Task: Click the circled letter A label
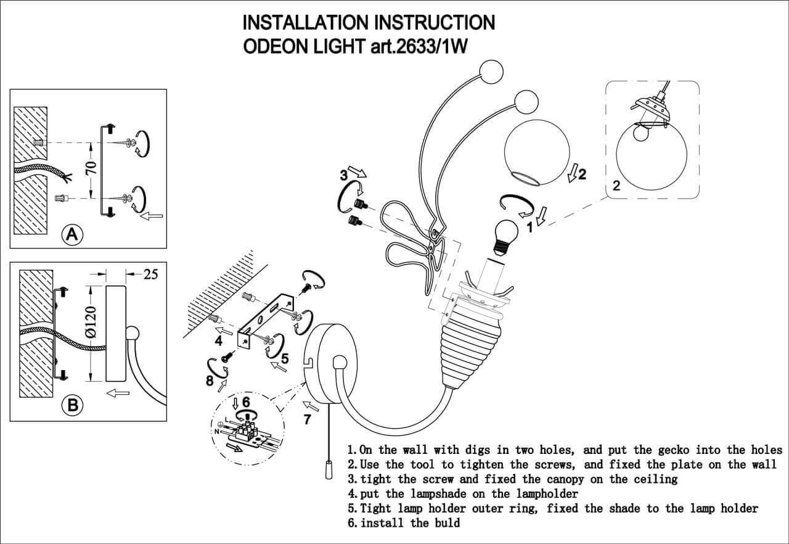pyautogui.click(x=73, y=234)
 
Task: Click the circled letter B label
pyautogui.click(x=73, y=405)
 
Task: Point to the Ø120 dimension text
pyautogui.click(x=91, y=321)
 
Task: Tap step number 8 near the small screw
pyautogui.click(x=210, y=381)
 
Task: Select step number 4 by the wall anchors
pyautogui.click(x=218, y=340)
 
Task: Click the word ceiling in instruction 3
pyautogui.click(x=654, y=479)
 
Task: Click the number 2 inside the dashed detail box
pyautogui.click(x=616, y=186)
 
